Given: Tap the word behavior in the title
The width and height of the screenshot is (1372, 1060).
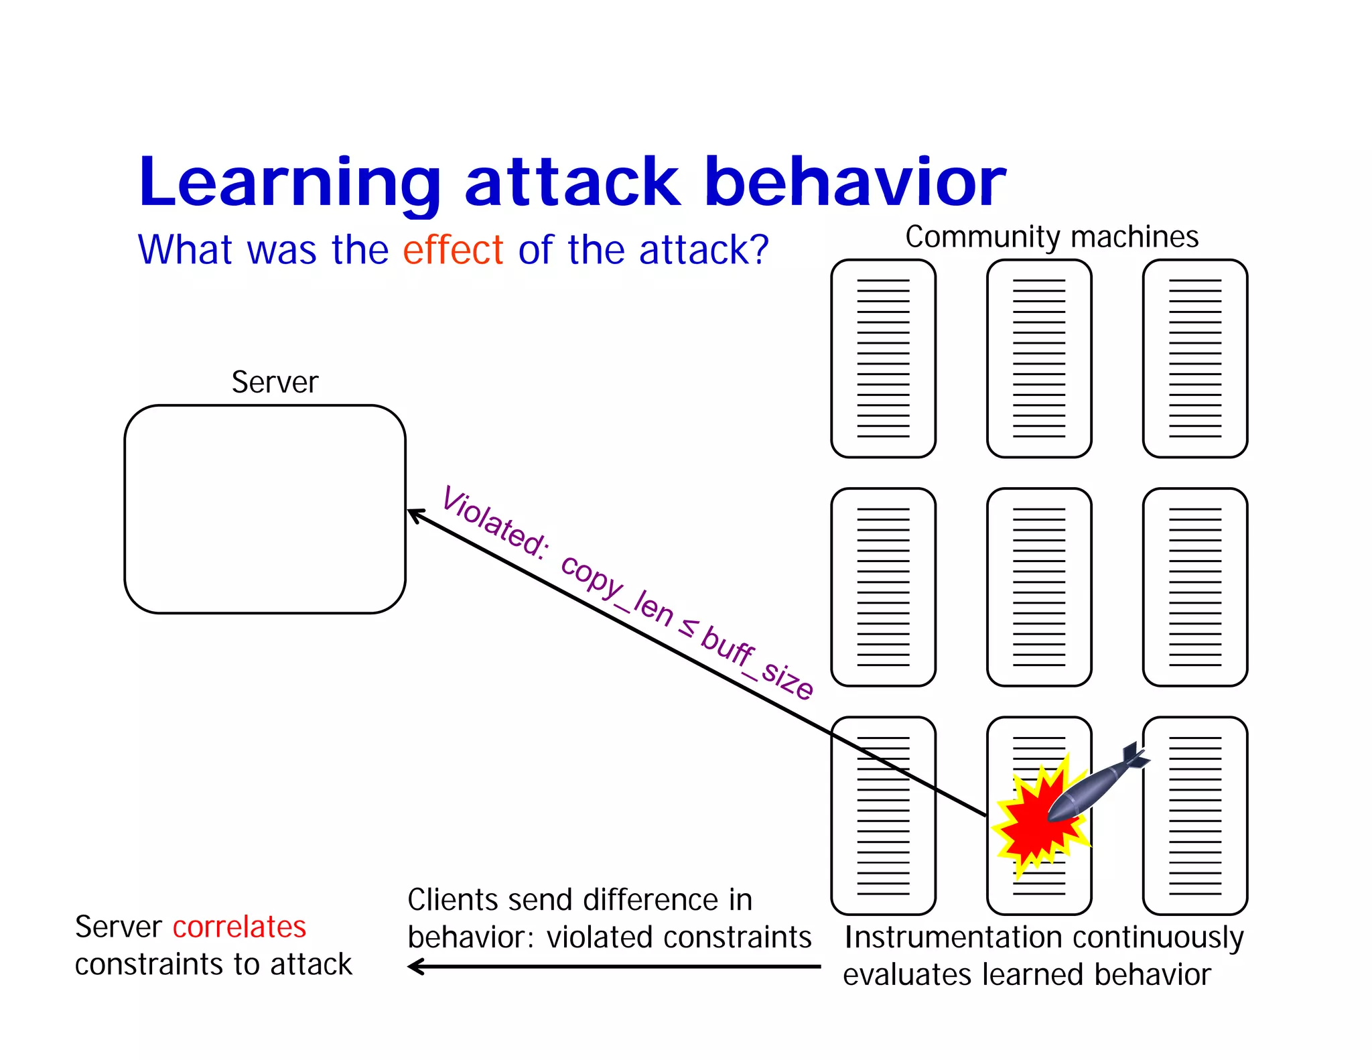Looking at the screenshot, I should (x=855, y=182).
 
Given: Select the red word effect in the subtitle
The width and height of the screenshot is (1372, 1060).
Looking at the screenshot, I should (x=453, y=250).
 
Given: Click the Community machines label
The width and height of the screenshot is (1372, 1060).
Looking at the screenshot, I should (x=1052, y=237).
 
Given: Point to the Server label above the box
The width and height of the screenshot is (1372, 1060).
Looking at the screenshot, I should (x=275, y=383).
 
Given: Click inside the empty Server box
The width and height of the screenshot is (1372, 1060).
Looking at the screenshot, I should (x=265, y=509).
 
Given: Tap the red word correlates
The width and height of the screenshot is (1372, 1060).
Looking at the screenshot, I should (x=239, y=927).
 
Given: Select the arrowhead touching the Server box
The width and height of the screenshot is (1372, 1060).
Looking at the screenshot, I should (x=415, y=515).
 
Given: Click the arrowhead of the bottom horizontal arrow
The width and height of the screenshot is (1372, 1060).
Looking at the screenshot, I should (x=415, y=966).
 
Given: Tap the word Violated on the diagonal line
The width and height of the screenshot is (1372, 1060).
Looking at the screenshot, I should (x=494, y=523).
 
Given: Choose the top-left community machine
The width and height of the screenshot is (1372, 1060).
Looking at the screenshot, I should (x=883, y=358).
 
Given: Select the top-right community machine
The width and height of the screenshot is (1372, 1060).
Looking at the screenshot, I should (x=1194, y=358).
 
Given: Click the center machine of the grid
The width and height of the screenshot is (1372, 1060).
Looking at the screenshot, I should (x=1039, y=587).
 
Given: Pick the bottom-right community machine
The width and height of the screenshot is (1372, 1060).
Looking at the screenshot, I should (x=1194, y=815).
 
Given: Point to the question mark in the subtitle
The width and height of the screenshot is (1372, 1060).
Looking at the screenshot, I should (x=758, y=250).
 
